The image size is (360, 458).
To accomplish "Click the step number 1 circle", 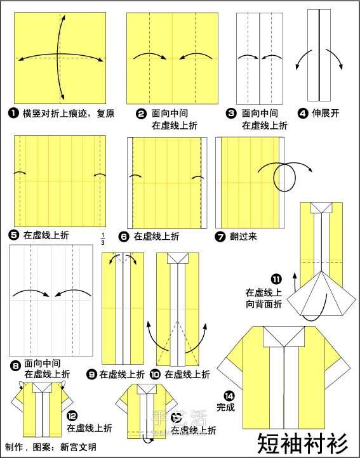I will click(13, 114).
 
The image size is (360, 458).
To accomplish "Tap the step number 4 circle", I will click(302, 114).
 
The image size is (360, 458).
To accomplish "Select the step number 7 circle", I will click(220, 237).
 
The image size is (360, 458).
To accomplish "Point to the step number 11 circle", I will click(276, 279).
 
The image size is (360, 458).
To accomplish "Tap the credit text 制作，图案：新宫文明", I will click(51, 447).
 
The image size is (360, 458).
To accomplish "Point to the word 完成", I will click(225, 407).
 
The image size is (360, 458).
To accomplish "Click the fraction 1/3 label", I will click(102, 239).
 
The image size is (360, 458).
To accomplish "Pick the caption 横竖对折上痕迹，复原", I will click(69, 114).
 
